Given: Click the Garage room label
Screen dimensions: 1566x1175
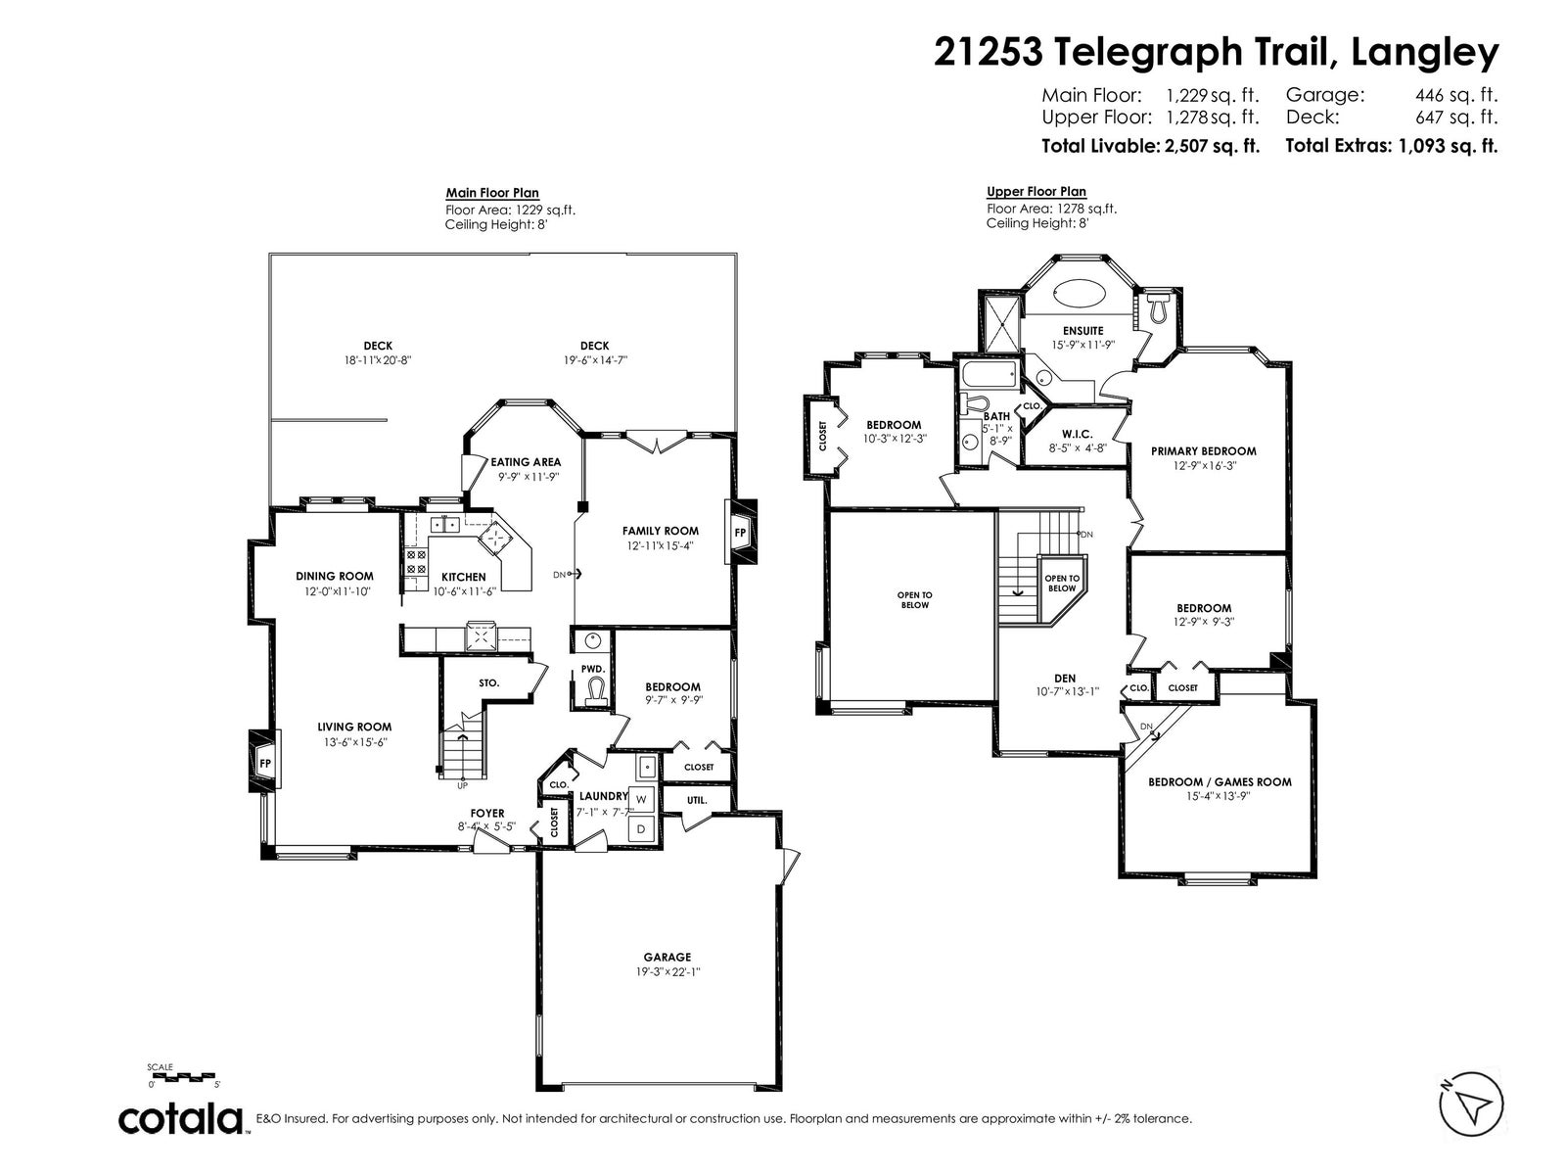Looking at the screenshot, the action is pyautogui.click(x=668, y=957).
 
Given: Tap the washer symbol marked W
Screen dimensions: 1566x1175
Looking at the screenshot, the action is pyautogui.click(x=641, y=799).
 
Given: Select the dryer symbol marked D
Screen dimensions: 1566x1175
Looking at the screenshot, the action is pyautogui.click(x=641, y=828).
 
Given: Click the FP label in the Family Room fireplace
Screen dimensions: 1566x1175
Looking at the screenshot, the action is pyautogui.click(x=740, y=533).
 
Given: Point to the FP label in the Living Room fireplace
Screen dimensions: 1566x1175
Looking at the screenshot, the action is pyautogui.click(x=265, y=764).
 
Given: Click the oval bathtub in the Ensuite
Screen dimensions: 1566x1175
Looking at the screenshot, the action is pyautogui.click(x=1079, y=293).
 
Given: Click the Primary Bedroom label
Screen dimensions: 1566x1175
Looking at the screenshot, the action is pyautogui.click(x=1203, y=450).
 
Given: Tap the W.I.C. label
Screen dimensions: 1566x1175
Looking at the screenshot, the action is pyautogui.click(x=1077, y=435).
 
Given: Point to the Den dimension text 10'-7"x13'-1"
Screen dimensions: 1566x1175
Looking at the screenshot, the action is pyautogui.click(x=1067, y=691).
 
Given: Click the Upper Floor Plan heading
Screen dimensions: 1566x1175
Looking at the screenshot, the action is pyautogui.click(x=1036, y=191).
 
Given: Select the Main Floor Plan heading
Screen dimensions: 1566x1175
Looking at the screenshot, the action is pyautogui.click(x=492, y=193).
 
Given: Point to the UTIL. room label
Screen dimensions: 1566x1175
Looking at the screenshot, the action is pyautogui.click(x=697, y=800).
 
